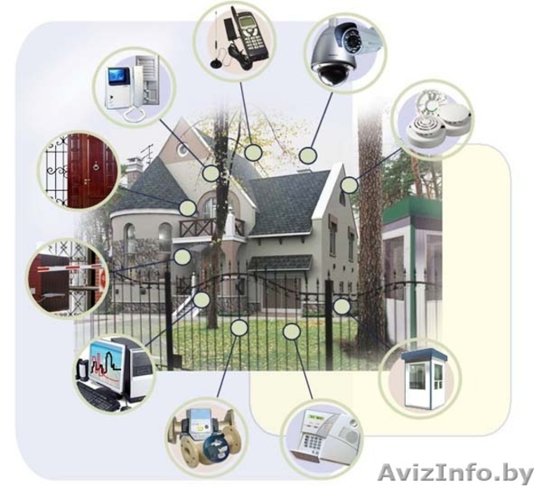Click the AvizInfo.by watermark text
click(456, 473)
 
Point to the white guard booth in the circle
click(424, 380)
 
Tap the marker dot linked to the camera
click(308, 156)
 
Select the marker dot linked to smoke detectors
click(350, 185)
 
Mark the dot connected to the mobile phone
click(253, 153)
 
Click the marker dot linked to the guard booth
click(342, 306)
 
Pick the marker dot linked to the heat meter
click(239, 328)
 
